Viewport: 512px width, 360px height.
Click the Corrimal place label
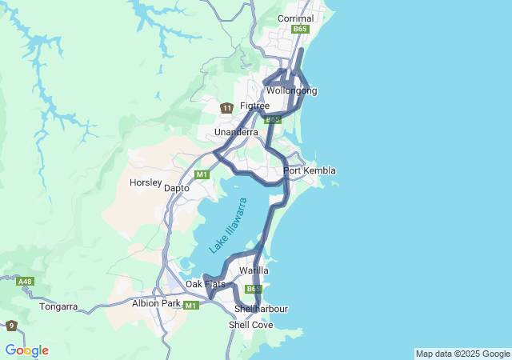click(295, 18)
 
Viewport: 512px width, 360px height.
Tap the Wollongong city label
click(291, 90)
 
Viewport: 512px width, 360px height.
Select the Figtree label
click(254, 106)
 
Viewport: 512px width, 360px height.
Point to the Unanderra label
click(235, 132)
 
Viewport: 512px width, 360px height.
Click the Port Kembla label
click(309, 170)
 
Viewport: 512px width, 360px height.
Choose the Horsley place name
click(146, 182)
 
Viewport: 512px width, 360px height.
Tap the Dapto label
click(176, 188)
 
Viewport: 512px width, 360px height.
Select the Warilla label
click(254, 270)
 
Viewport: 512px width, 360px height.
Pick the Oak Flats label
click(206, 284)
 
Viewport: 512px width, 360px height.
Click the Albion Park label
click(156, 303)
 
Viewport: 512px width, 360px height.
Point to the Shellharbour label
click(261, 309)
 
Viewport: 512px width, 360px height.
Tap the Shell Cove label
click(250, 325)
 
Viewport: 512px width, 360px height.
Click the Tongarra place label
click(58, 306)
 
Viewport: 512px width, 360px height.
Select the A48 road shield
click(26, 282)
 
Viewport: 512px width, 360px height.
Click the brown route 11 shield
click(227, 107)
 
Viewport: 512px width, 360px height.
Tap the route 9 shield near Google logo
click(11, 326)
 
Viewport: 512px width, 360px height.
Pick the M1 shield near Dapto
click(202, 174)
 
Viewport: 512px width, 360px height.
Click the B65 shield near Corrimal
click(300, 29)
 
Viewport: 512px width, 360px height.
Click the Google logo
click(26, 350)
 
